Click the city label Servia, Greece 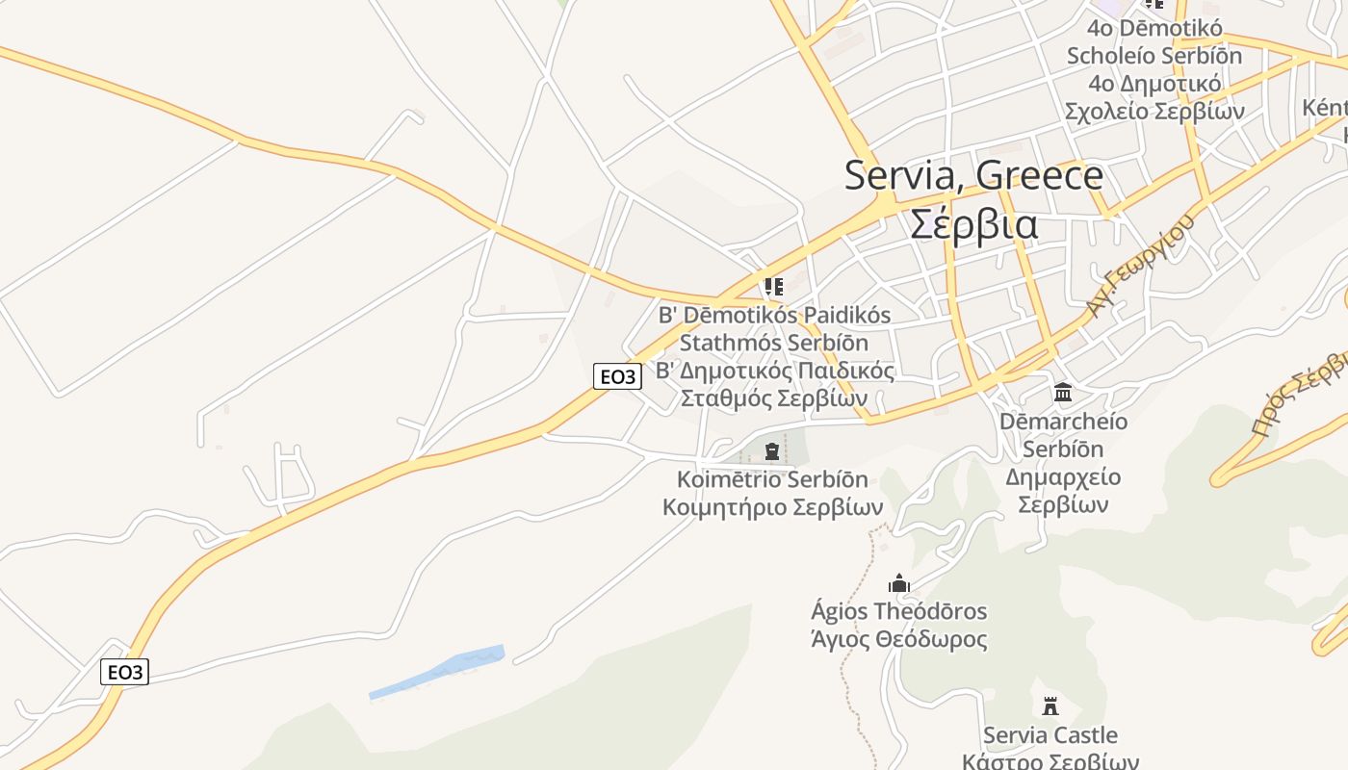coord(973,175)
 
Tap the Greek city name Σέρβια coord(973,224)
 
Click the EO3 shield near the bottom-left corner coord(124,672)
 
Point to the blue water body coord(439,670)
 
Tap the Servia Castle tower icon coord(1050,706)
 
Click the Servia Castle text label coord(1050,735)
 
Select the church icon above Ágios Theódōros coord(899,583)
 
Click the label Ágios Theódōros coord(899,611)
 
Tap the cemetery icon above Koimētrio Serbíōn coord(772,450)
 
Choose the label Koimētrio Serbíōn coord(772,479)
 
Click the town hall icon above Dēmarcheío coord(1063,392)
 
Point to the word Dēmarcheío coord(1063,422)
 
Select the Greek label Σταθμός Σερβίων coord(774,398)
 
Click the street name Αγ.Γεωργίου coord(1139,264)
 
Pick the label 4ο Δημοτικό coord(1154,83)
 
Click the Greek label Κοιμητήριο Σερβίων coord(772,506)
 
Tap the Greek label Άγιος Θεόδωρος coord(899,639)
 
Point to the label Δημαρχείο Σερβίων coord(1063,490)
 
